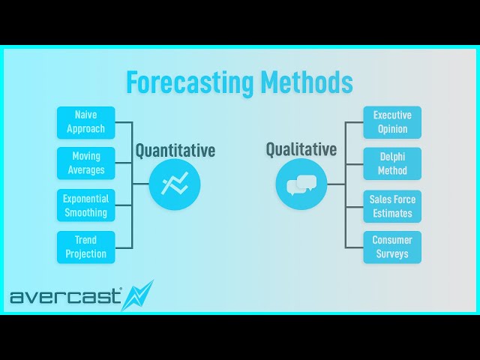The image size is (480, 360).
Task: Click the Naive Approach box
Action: pyautogui.click(x=86, y=122)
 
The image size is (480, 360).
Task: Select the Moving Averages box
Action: pyautogui.click(x=86, y=163)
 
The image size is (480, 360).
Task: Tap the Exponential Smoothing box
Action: pyautogui.click(x=86, y=205)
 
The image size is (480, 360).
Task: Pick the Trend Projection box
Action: pyautogui.click(x=86, y=247)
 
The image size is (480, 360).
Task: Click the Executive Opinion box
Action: pyautogui.click(x=392, y=122)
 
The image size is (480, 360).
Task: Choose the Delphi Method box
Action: pyautogui.click(x=392, y=163)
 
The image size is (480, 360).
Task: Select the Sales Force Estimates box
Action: pyautogui.click(x=392, y=205)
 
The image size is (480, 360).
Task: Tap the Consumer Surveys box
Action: pyautogui.click(x=392, y=247)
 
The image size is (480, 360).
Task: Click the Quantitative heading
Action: pyautogui.click(x=175, y=151)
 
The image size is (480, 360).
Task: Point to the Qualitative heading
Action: pyautogui.click(x=301, y=149)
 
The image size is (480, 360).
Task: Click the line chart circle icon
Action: pyautogui.click(x=175, y=184)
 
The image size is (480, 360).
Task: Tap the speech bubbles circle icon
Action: pyautogui.click(x=301, y=184)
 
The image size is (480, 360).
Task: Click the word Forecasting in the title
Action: pyautogui.click(x=190, y=82)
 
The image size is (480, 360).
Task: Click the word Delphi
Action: pyautogui.click(x=392, y=157)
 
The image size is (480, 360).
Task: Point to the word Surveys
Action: pyautogui.click(x=392, y=253)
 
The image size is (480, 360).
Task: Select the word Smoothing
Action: pyautogui.click(x=86, y=212)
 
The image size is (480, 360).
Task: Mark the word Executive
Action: pyautogui.click(x=392, y=115)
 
